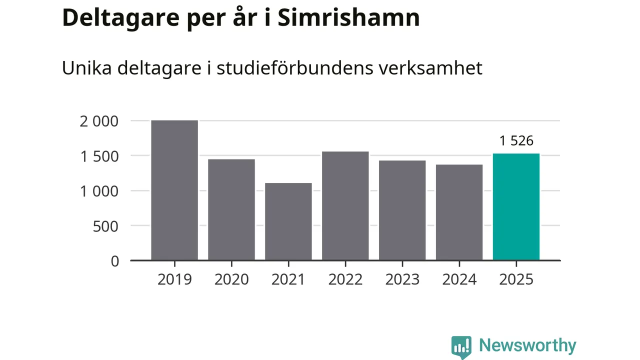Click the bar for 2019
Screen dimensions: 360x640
(174, 190)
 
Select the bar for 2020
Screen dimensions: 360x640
(231, 210)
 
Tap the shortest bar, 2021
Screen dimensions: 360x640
(288, 221)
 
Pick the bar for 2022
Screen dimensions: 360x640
(345, 206)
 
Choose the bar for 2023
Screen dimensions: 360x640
(402, 210)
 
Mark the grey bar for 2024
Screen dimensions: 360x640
(459, 212)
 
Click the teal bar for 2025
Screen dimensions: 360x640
(516, 207)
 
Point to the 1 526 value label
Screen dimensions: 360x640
(516, 141)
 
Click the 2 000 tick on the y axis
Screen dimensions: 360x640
(99, 121)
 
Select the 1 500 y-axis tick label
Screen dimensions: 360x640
(99, 156)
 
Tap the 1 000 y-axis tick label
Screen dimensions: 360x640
(99, 191)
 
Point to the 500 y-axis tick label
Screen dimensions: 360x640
(106, 226)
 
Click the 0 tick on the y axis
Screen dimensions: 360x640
(115, 261)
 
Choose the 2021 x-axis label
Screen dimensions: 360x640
(288, 279)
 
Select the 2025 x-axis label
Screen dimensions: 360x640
(516, 279)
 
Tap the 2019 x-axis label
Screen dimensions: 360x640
(174, 279)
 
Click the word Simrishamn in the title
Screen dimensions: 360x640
(348, 18)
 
